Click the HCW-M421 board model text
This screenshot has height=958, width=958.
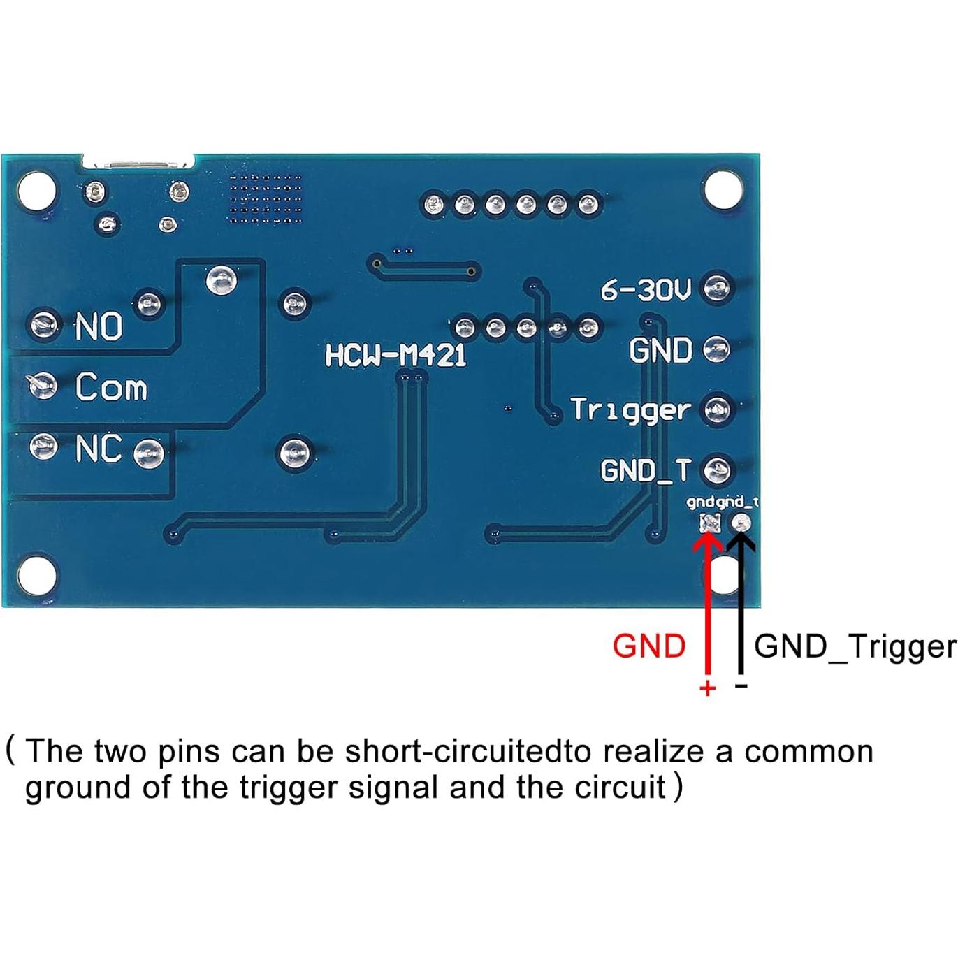click(395, 356)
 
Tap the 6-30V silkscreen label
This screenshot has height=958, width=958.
click(646, 289)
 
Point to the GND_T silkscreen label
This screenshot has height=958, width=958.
click(645, 470)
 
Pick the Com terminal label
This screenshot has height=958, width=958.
click(111, 387)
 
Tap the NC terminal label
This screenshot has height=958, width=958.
click(99, 448)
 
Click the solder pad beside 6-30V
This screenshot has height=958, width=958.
click(717, 287)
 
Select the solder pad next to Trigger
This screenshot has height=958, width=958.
click(717, 409)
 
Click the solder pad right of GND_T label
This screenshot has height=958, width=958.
click(717, 470)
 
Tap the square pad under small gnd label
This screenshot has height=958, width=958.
click(710, 523)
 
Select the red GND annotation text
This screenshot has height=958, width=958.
click(648, 646)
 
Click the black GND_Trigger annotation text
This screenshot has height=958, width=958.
click(855, 647)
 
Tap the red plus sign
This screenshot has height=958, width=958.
click(707, 688)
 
